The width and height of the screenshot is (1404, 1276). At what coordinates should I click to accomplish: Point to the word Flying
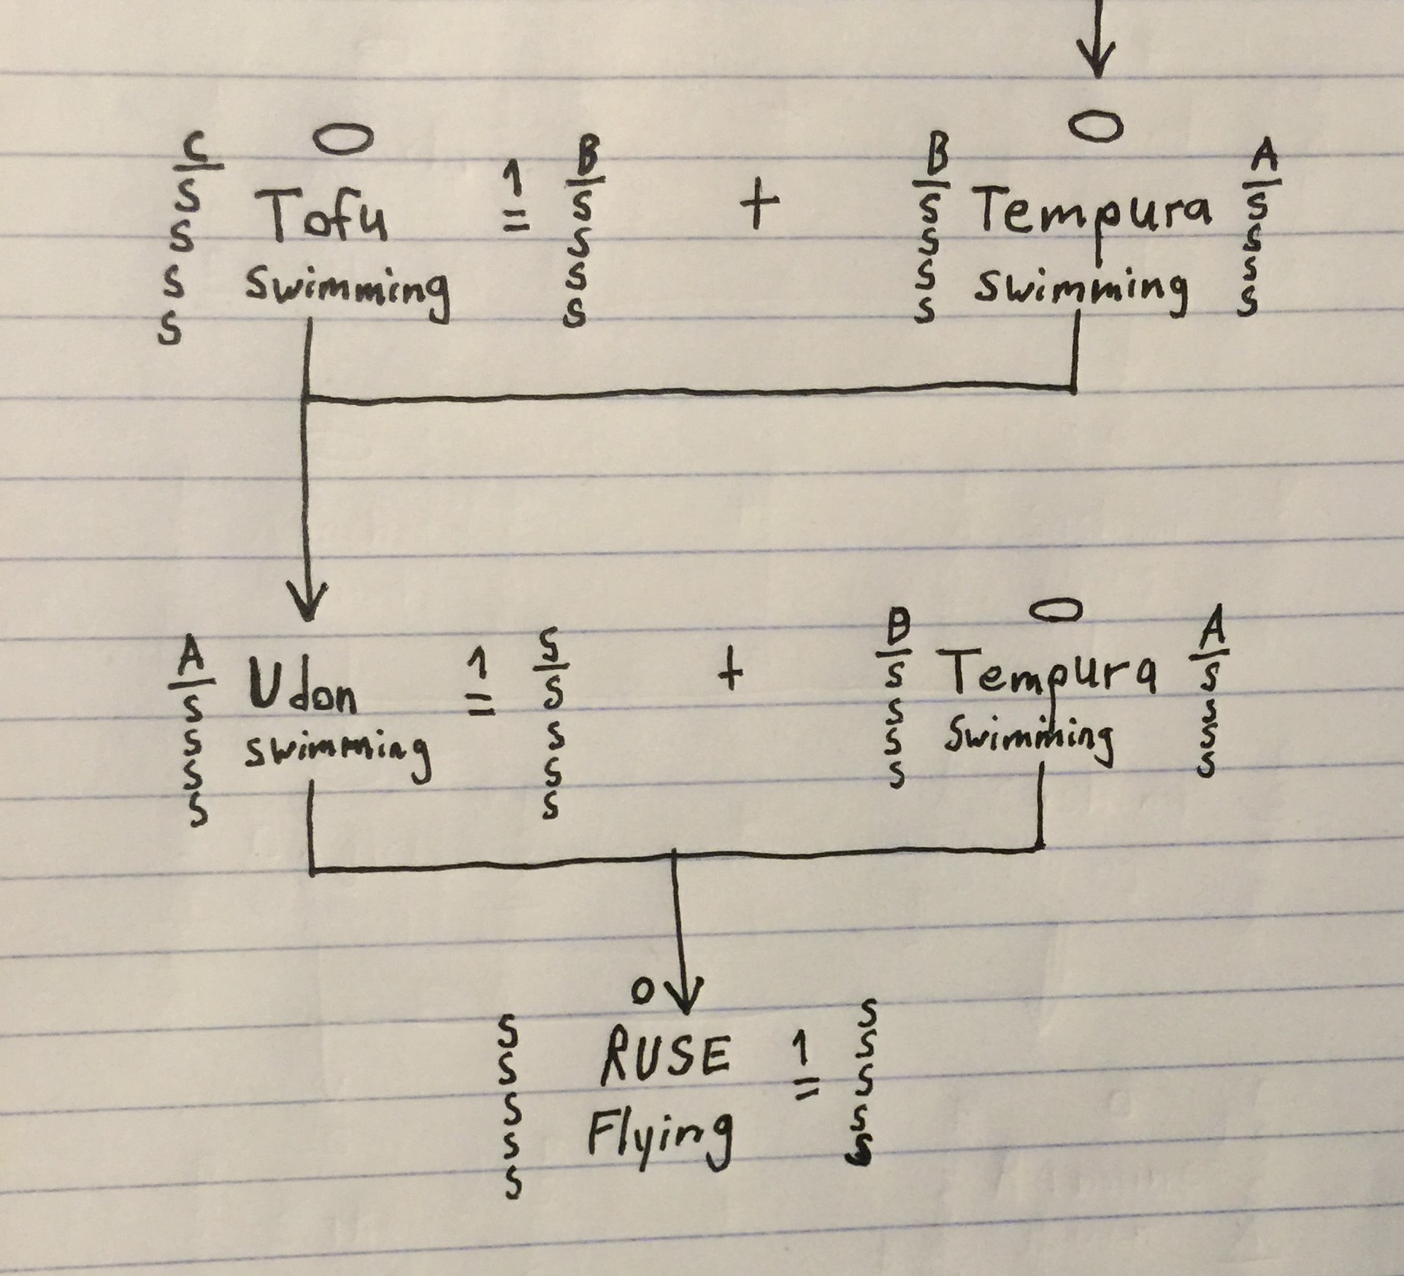(x=658, y=1135)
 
